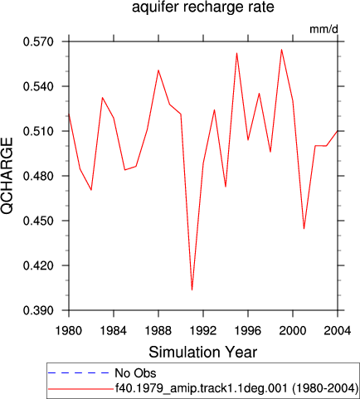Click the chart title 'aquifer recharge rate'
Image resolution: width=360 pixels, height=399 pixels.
(x=203, y=7)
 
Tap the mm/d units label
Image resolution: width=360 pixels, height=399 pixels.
(x=324, y=29)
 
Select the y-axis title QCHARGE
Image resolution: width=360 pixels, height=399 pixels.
(x=7, y=176)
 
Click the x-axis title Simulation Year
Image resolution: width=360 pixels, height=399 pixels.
(x=203, y=353)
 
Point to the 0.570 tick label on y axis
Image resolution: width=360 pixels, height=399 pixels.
(x=38, y=41)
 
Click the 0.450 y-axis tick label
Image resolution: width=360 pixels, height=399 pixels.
(x=38, y=221)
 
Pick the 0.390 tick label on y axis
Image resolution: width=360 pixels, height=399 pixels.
(x=38, y=310)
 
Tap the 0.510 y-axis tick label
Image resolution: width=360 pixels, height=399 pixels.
(x=38, y=131)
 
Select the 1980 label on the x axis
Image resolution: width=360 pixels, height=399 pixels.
(x=69, y=330)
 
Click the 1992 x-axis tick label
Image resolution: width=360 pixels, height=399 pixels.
(x=203, y=330)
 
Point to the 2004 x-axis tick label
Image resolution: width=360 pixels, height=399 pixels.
(x=338, y=330)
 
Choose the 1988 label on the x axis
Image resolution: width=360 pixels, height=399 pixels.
(x=158, y=330)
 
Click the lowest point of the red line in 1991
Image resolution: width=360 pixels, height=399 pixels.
(x=192, y=290)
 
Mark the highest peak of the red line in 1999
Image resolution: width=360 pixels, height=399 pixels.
(x=281, y=50)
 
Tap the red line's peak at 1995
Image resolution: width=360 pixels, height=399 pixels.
(x=236, y=53)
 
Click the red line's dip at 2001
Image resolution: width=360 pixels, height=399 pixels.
(x=304, y=229)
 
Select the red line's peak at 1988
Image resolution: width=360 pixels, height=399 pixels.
(x=158, y=71)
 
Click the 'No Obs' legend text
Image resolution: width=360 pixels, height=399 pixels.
(x=135, y=373)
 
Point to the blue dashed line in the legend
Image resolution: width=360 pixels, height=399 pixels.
(x=79, y=373)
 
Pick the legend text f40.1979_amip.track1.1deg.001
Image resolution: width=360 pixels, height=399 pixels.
(x=202, y=388)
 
